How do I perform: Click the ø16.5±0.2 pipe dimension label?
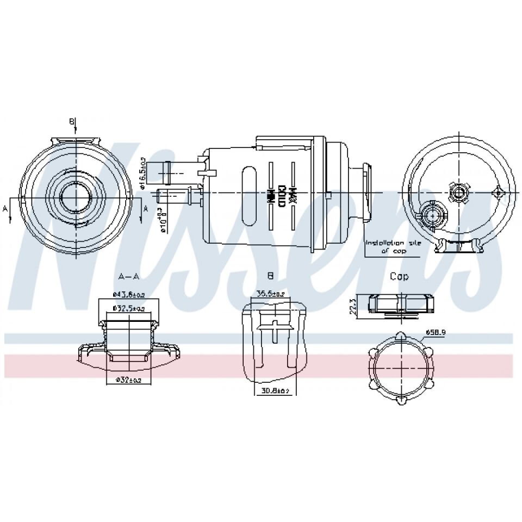[142, 173]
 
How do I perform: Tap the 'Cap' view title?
[399, 277]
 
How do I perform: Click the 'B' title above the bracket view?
[270, 277]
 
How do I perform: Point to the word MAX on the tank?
[293, 194]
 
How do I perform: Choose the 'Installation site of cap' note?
[392, 247]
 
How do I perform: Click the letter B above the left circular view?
[71, 121]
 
